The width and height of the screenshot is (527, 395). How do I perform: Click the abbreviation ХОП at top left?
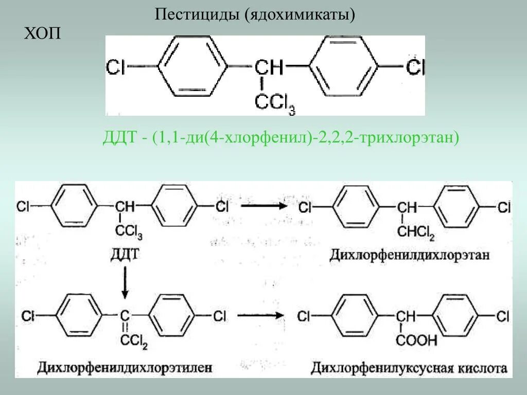(x=43, y=34)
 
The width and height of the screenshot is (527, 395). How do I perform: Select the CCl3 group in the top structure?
(x=274, y=103)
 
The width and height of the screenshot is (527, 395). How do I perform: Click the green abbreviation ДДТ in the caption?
(x=119, y=138)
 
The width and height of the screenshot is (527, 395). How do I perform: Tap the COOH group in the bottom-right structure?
(x=417, y=340)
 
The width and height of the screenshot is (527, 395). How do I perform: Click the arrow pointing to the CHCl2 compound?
(x=263, y=206)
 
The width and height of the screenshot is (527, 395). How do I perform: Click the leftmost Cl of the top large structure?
(x=116, y=67)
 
